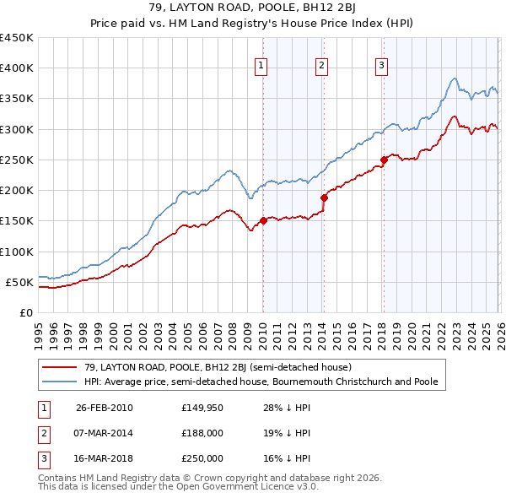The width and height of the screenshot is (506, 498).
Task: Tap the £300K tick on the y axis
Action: tap(16, 129)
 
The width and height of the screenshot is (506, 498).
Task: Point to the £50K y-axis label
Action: tap(19, 282)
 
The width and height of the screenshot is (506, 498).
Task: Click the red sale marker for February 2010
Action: tap(263, 220)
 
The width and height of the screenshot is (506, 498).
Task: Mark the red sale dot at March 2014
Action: tap(324, 198)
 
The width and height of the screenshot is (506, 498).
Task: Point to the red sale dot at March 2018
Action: tap(384, 160)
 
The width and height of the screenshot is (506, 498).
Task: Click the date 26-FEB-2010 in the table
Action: tap(104, 409)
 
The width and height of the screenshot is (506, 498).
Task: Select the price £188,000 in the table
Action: tap(202, 433)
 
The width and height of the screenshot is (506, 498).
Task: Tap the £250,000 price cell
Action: tap(202, 458)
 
